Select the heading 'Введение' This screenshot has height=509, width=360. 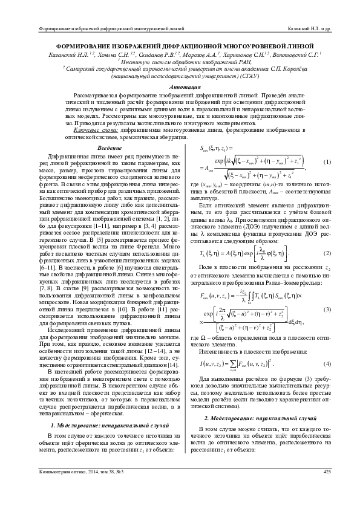[x=110, y=149]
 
